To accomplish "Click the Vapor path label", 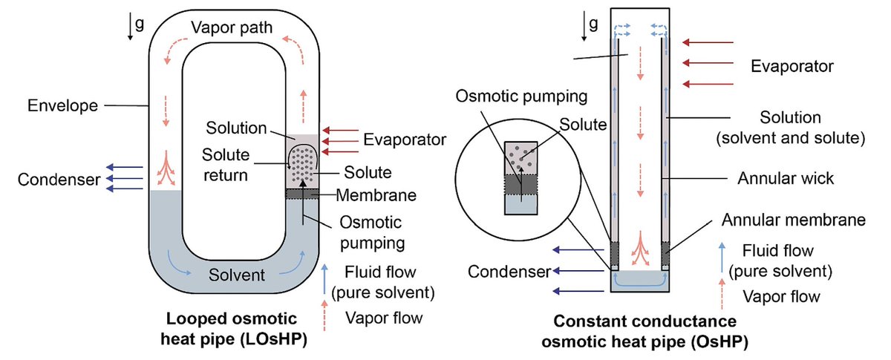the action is tap(232, 28).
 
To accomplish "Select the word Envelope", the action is tap(62, 106).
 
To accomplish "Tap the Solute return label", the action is tap(226, 165).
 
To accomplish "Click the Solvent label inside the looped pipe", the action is tap(237, 275).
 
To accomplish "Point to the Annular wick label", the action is tap(786, 178).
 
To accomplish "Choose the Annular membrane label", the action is tap(794, 220).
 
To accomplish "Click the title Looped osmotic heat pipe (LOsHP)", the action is tap(233, 329).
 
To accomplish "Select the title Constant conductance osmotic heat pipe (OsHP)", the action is tap(644, 331).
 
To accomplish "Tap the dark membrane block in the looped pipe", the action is tap(302, 194).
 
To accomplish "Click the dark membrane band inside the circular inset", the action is tap(520, 184).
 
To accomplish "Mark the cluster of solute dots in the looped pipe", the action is tap(302, 164).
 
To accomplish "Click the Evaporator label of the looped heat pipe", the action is tap(405, 140).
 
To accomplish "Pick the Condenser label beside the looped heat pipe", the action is tap(59, 180).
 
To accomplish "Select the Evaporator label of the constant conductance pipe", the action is tap(792, 66).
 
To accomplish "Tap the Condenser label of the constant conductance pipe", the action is tap(509, 272).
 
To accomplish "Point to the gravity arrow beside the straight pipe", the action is tap(584, 26).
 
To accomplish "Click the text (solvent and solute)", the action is tap(791, 138).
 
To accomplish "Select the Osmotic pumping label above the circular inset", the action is tap(521, 96).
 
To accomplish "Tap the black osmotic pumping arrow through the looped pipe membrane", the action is tap(303, 202).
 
